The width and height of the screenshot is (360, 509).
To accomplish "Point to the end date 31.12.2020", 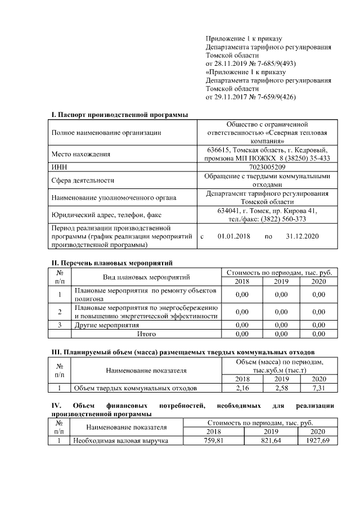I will [302, 236].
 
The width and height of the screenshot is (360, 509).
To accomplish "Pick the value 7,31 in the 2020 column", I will [318, 388].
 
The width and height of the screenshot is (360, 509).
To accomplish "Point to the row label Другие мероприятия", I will [107, 325].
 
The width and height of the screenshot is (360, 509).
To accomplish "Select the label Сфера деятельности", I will [83, 181].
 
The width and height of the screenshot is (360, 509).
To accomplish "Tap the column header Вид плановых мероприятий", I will [146, 277].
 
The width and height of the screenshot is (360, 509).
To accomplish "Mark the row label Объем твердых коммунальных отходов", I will [136, 388].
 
